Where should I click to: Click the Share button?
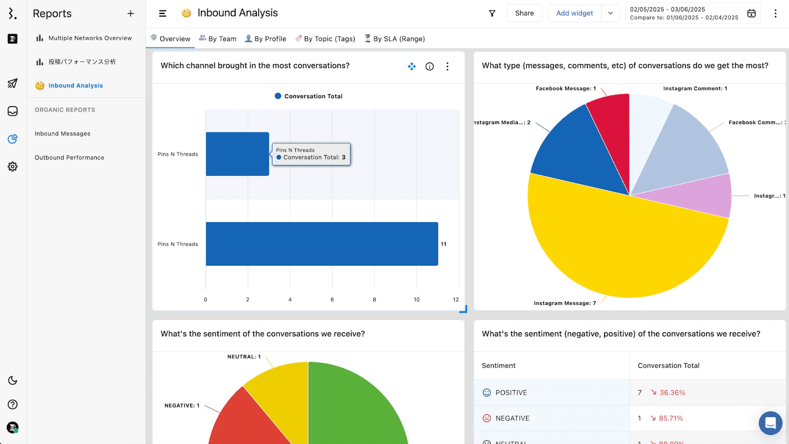(524, 13)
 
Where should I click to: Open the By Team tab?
(217, 39)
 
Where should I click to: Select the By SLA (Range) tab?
(394, 39)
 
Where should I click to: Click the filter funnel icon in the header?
(492, 13)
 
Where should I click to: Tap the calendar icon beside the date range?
(751, 13)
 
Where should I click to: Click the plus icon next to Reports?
(131, 14)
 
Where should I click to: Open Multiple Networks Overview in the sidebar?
(90, 38)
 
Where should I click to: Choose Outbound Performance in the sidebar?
(70, 158)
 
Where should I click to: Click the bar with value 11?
(322, 244)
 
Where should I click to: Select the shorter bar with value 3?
(237, 154)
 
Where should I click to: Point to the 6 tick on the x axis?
(332, 299)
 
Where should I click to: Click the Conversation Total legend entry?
(309, 96)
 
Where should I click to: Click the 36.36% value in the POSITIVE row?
(672, 393)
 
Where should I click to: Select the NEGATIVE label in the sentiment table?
(512, 418)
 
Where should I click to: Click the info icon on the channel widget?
(430, 66)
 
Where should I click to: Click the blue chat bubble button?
(770, 423)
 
